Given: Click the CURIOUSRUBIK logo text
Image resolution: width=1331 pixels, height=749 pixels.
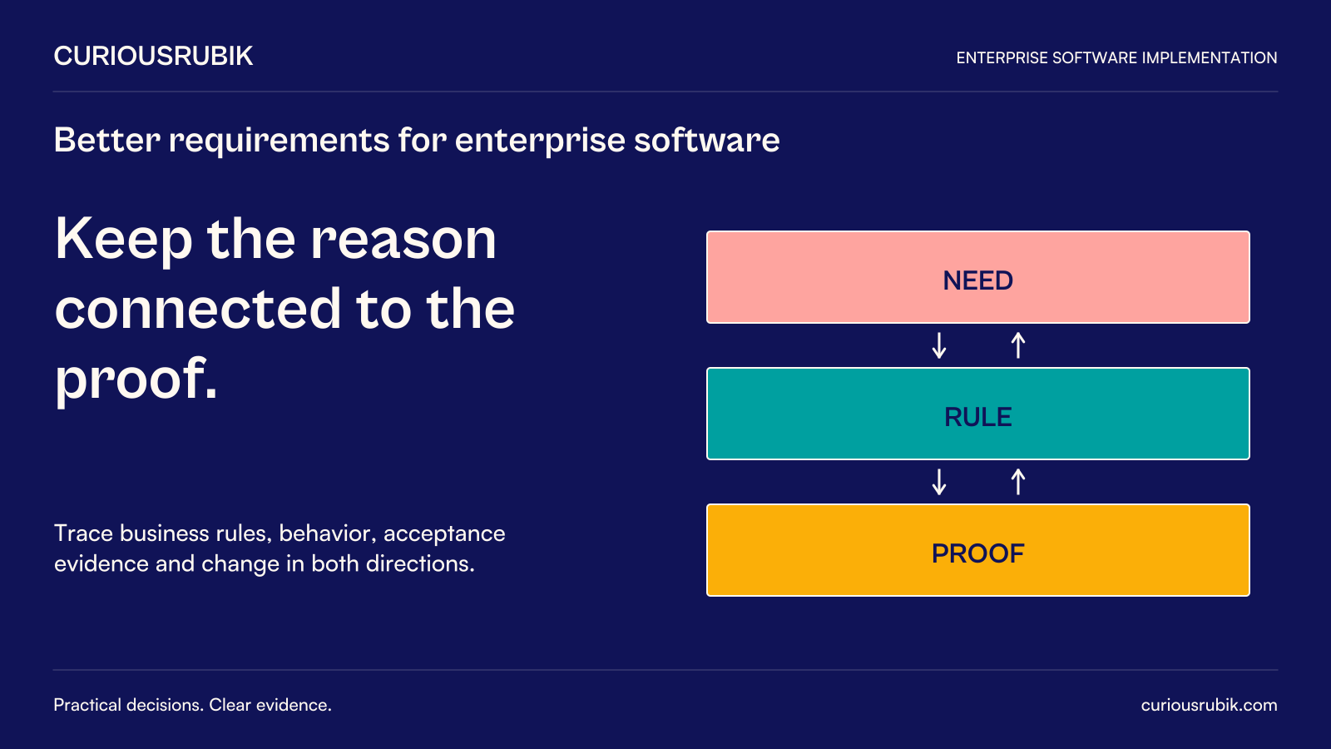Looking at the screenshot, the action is point(153,57).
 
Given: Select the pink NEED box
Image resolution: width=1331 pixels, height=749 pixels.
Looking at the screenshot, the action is point(978,277).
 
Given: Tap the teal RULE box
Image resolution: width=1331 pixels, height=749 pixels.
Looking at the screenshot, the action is point(978,414).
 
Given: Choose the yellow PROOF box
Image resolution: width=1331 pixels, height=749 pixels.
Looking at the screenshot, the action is point(978,550).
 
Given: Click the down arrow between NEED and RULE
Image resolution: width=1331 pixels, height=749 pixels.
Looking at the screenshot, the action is point(939,345).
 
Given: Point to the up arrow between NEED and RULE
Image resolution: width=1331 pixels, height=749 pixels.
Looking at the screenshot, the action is point(1018,345).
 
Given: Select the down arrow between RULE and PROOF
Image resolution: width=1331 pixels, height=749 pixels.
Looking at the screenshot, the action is point(939,482).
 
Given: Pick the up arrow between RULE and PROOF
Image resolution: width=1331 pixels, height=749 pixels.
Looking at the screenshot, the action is point(1018,482).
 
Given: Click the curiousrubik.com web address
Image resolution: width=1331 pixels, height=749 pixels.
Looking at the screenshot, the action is point(1209,705).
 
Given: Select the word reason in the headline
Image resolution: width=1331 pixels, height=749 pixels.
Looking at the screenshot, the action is point(403,240).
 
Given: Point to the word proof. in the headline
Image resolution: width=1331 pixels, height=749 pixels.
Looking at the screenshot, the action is point(136,379).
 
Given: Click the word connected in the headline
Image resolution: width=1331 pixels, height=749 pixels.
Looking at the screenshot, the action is point(198,309).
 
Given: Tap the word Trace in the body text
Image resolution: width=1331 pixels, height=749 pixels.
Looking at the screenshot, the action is point(83,533).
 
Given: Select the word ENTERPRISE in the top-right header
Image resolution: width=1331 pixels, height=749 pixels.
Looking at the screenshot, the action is point(1002,57).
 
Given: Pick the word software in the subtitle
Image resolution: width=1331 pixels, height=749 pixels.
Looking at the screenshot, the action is point(707,141).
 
